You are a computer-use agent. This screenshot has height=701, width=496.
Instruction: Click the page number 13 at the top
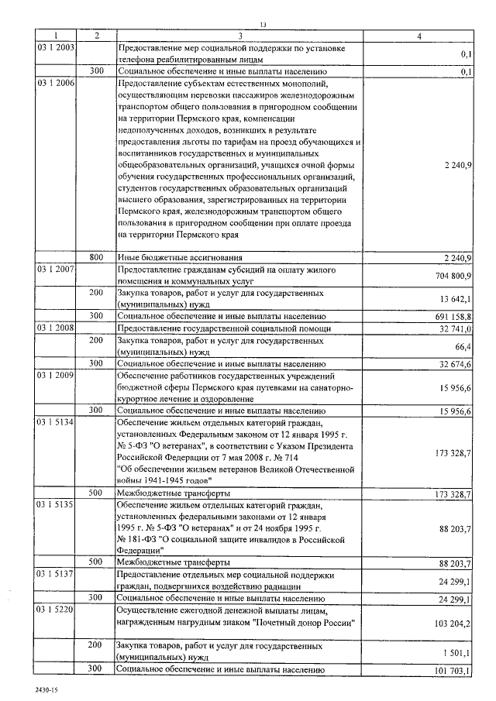tap(263, 25)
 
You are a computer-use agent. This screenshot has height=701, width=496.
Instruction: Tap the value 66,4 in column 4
tap(463, 346)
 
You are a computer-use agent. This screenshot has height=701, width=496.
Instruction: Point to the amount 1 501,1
tap(455, 651)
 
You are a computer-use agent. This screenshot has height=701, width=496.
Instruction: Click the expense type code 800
tap(96, 257)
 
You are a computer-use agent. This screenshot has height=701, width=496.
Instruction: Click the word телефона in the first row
tap(137, 59)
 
